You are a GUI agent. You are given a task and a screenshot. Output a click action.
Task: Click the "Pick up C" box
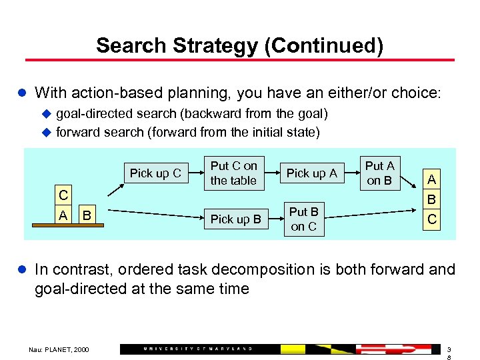(x=155, y=173)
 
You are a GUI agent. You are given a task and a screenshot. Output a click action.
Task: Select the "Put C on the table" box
(x=233, y=173)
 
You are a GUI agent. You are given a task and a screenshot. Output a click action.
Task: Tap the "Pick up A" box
(x=311, y=173)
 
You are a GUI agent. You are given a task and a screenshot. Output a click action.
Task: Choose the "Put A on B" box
(x=379, y=173)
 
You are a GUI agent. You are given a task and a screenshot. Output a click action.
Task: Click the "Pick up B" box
(x=235, y=219)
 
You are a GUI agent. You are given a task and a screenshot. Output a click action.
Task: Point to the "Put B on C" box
(x=303, y=219)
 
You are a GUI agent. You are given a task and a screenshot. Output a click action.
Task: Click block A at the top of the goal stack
(x=432, y=179)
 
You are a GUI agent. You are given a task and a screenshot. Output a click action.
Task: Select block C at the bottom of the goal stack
(x=432, y=219)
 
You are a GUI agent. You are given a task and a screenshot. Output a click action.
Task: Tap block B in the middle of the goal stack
(x=432, y=199)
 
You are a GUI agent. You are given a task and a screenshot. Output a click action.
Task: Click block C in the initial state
(x=63, y=196)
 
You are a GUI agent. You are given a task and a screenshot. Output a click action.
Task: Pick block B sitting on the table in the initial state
(x=87, y=215)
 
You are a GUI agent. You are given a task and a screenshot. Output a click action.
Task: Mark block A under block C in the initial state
(x=63, y=215)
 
